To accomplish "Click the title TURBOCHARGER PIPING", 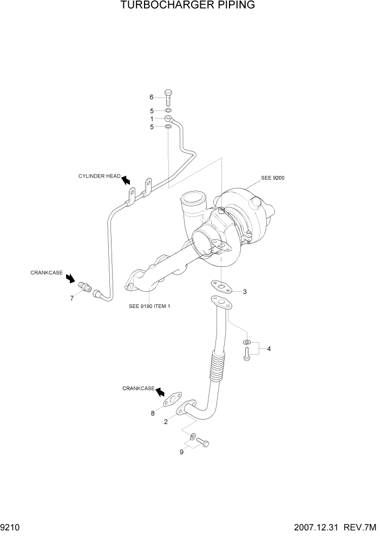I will pyautogui.click(x=188, y=6).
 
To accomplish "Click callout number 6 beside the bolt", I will pyautogui.click(x=152, y=97).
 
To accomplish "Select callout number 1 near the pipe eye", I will pyautogui.click(x=152, y=119).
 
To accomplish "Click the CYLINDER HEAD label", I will pyautogui.click(x=99, y=176).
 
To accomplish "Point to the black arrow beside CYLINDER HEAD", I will pyautogui.click(x=126, y=180).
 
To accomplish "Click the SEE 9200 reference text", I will pyautogui.click(x=273, y=178).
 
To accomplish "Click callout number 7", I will pyautogui.click(x=71, y=298).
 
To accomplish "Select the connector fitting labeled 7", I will pyautogui.click(x=84, y=287).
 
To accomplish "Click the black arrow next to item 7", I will pyautogui.click(x=70, y=278).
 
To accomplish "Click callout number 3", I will pyautogui.click(x=245, y=292).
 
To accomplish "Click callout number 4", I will pyautogui.click(x=268, y=349).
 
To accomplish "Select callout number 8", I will pyautogui.click(x=153, y=414).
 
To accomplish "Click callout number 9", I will pyautogui.click(x=181, y=452).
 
